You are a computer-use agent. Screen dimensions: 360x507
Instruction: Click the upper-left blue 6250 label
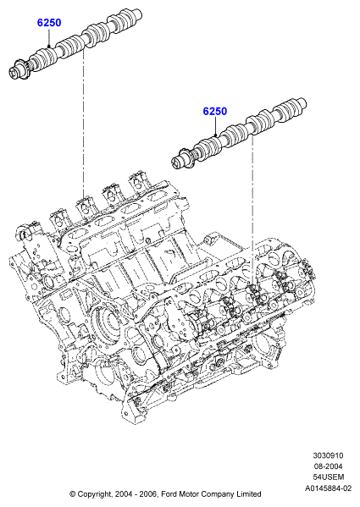49,23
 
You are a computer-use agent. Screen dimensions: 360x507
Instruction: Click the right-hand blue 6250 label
215,111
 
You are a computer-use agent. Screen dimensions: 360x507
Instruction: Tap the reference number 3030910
328,455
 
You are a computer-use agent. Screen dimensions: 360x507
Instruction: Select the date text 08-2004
328,466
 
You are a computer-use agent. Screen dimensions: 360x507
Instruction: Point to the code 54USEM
329,477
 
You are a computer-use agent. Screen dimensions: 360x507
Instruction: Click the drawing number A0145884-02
328,488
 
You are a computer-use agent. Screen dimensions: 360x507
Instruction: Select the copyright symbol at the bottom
73,494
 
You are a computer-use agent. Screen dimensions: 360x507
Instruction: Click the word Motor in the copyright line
187,494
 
